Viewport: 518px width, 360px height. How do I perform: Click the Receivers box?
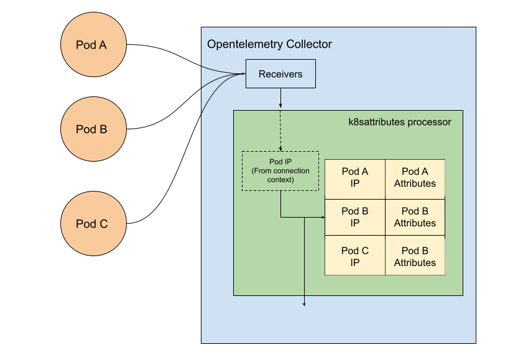(x=280, y=74)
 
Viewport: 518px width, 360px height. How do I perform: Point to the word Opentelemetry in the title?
(x=245, y=44)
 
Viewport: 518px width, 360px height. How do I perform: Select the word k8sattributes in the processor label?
(x=376, y=122)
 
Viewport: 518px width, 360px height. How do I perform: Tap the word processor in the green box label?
(x=429, y=122)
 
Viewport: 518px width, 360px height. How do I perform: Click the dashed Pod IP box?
(x=280, y=171)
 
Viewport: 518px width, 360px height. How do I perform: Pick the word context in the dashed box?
(x=280, y=180)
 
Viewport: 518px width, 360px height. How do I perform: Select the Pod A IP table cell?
(x=355, y=177)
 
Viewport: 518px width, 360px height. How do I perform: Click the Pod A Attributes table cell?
(x=415, y=177)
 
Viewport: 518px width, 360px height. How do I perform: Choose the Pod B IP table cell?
(x=355, y=217)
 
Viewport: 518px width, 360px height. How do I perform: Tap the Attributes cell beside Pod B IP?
(x=415, y=217)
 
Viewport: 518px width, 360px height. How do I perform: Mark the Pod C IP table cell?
(x=355, y=256)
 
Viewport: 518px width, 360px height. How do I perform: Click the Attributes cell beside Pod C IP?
(x=415, y=256)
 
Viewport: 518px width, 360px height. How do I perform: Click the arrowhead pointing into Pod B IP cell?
(x=323, y=218)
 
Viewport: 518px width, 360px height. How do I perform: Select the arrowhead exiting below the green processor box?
(x=304, y=304)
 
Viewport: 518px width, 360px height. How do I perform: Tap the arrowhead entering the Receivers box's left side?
(x=243, y=74)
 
